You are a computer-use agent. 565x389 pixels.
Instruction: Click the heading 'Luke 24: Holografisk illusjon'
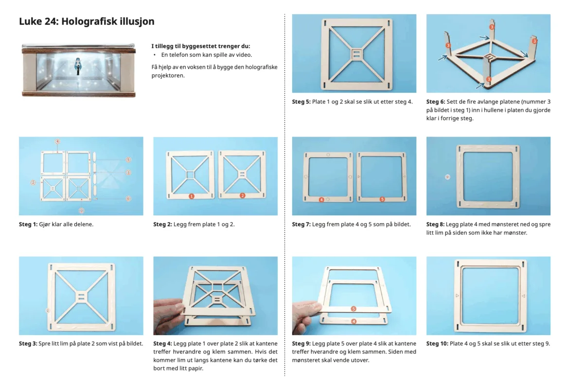click(87, 21)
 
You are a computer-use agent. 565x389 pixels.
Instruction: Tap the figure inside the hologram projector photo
click(78, 67)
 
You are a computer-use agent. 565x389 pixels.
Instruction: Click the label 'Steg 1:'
click(28, 224)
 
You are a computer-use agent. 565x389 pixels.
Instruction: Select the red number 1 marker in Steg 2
click(192, 196)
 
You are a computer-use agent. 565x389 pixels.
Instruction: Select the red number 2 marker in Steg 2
click(243, 195)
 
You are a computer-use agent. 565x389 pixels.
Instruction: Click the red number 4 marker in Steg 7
click(321, 199)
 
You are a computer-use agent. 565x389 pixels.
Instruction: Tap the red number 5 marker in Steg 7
click(382, 199)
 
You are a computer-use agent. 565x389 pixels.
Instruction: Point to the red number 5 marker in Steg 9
click(353, 309)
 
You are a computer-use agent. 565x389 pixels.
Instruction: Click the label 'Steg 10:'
click(437, 344)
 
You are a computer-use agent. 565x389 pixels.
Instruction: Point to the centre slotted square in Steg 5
click(356, 54)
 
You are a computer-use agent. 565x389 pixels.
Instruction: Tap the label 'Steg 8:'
click(435, 224)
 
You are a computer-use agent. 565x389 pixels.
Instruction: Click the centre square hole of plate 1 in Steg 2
click(190, 175)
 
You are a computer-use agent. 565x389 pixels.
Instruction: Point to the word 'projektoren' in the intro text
click(168, 76)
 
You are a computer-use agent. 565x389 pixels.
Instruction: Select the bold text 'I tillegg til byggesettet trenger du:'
click(201, 46)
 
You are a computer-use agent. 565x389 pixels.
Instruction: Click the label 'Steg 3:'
click(28, 344)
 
